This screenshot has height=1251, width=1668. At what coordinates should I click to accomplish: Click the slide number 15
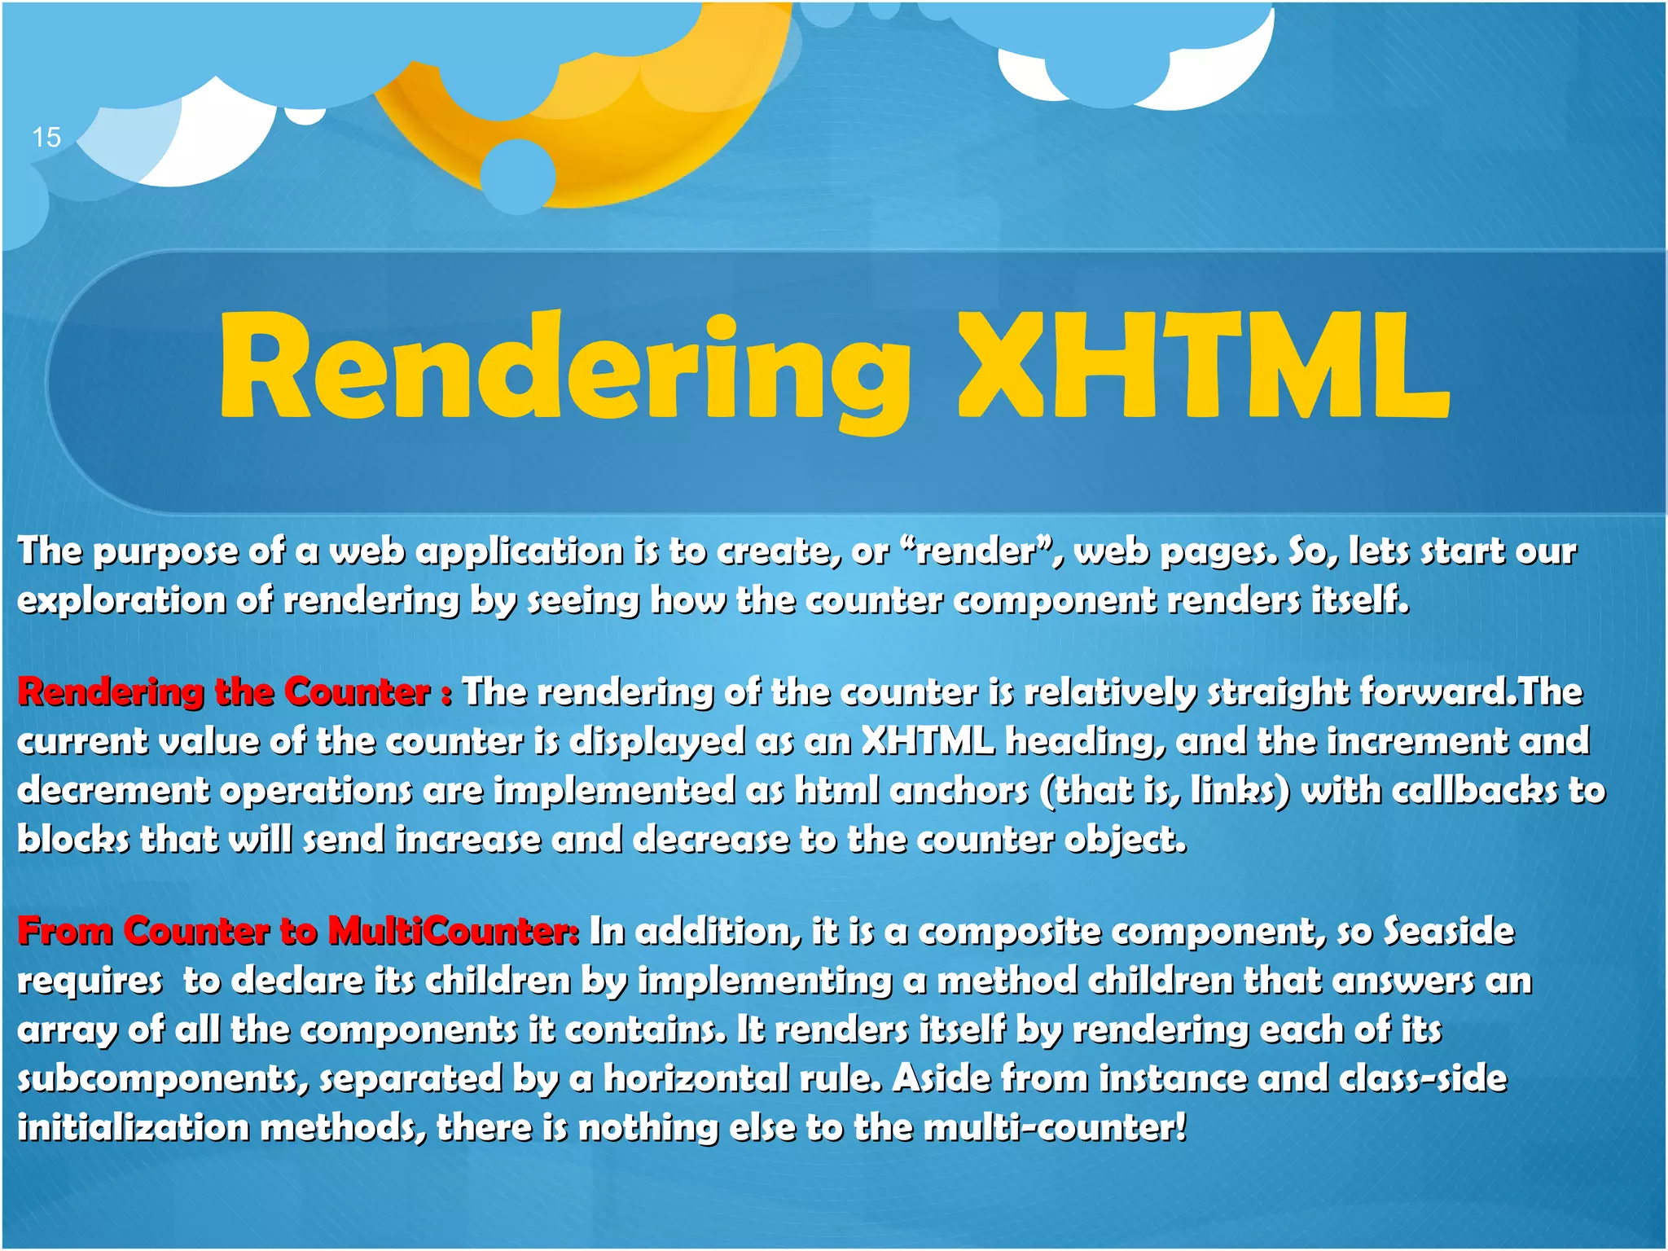tap(46, 137)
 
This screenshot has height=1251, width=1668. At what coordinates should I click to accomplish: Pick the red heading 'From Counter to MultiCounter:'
tap(298, 931)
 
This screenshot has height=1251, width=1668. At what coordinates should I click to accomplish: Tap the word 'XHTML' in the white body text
tap(928, 741)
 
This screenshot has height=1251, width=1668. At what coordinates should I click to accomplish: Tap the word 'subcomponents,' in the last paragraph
tap(163, 1078)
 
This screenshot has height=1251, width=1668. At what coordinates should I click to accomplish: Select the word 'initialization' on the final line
tap(133, 1128)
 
